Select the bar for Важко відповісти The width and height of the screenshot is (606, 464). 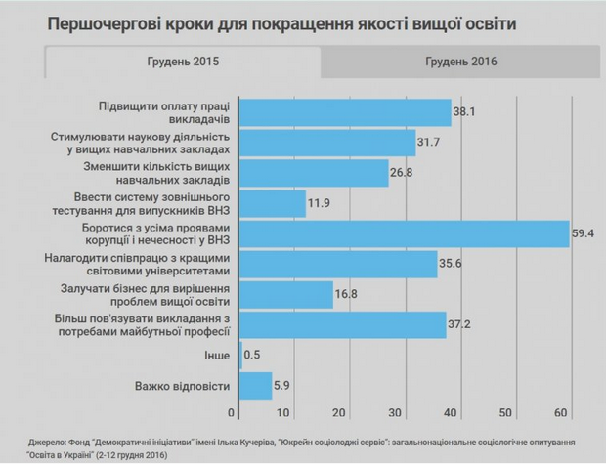[256, 386]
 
